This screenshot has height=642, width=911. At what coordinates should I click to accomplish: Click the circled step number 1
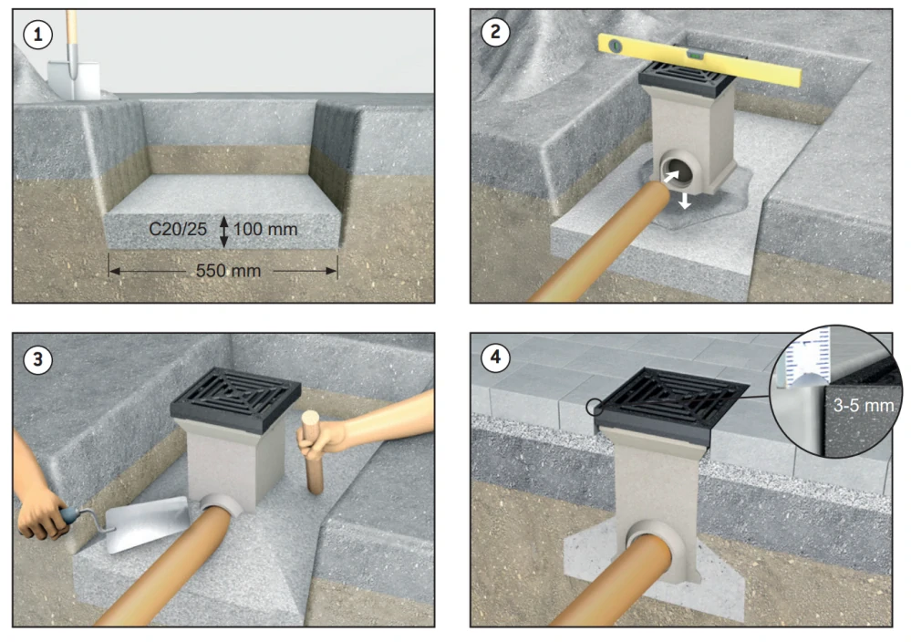pyautogui.click(x=38, y=35)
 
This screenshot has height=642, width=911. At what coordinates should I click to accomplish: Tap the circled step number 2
pyautogui.click(x=495, y=32)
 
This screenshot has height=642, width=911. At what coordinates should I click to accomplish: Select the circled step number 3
pyautogui.click(x=38, y=359)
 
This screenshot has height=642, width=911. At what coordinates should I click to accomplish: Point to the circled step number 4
pyautogui.click(x=495, y=357)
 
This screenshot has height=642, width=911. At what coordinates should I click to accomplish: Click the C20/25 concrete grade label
pyautogui.click(x=178, y=229)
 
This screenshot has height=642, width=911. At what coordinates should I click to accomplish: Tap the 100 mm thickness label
pyautogui.click(x=265, y=229)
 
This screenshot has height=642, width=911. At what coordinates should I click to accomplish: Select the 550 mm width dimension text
pyautogui.click(x=228, y=271)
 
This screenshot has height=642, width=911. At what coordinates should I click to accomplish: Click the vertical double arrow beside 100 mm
pyautogui.click(x=223, y=232)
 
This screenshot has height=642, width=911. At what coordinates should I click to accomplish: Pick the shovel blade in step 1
pyautogui.click(x=74, y=79)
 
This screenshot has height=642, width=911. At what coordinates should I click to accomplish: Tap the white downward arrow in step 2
pyautogui.click(x=685, y=201)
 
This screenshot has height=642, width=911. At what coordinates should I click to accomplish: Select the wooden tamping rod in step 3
pyautogui.click(x=312, y=452)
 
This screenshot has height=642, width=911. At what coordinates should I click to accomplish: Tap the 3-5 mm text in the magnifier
pyautogui.click(x=864, y=405)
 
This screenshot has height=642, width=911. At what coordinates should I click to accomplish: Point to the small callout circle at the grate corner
pyautogui.click(x=595, y=407)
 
